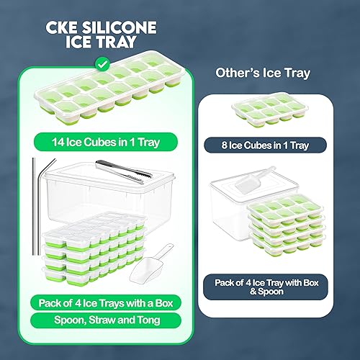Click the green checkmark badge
tap(103, 65)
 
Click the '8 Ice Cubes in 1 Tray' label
tap(266, 145)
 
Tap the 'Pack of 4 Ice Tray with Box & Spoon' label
tap(266, 287)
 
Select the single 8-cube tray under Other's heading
tap(266, 112)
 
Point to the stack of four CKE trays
tap(94, 248)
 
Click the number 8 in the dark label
tap(225, 145)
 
